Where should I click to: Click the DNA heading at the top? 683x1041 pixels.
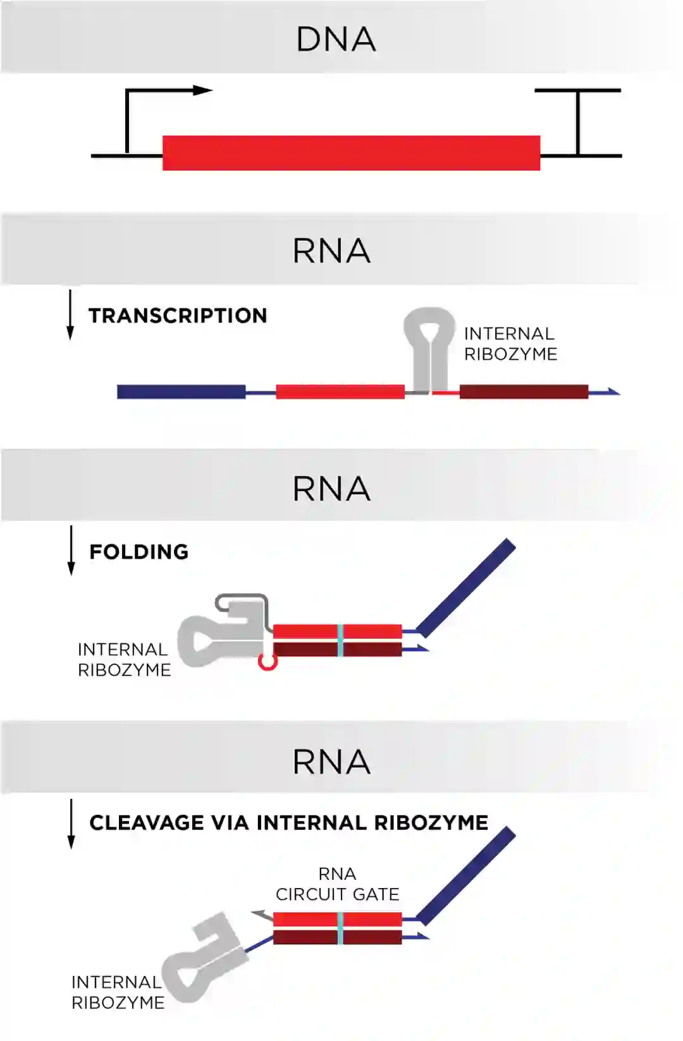(x=336, y=39)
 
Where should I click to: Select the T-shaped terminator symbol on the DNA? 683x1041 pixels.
(x=578, y=120)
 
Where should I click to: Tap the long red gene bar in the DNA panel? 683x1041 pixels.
(x=351, y=153)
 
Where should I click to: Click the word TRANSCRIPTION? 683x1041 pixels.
(x=178, y=315)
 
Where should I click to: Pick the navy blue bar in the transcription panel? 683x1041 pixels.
(x=182, y=392)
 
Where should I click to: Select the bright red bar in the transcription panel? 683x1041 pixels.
(x=340, y=392)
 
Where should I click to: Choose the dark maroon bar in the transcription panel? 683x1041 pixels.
(x=524, y=392)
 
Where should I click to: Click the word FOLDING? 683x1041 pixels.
(x=139, y=552)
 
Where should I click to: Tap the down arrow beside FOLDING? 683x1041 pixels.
(x=71, y=551)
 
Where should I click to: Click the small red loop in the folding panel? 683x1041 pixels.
(x=268, y=662)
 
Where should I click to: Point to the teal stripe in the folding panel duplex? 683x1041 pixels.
(x=340, y=640)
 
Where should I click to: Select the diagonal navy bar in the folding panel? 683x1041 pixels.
(x=467, y=588)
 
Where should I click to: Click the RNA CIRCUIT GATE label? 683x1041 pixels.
(x=337, y=884)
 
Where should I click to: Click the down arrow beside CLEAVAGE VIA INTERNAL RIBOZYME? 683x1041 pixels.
(x=71, y=824)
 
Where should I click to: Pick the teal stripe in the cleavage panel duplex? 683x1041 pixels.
(x=340, y=928)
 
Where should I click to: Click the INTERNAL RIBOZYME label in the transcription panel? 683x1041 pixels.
(x=510, y=344)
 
